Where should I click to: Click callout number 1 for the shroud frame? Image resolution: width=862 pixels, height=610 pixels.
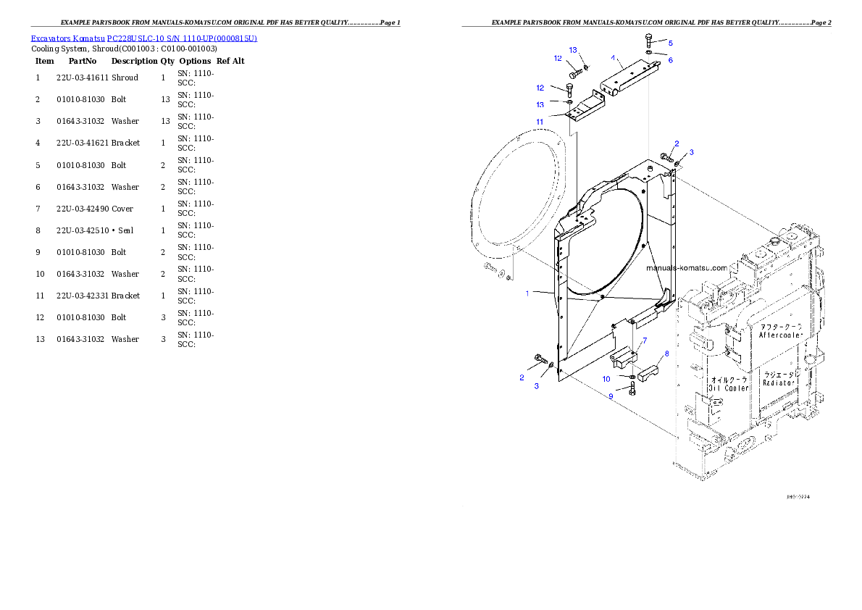(x=529, y=293)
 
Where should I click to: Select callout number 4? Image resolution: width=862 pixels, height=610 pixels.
(x=613, y=57)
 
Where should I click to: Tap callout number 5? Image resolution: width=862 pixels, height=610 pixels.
(x=670, y=43)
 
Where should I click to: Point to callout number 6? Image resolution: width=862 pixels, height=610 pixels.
(x=670, y=60)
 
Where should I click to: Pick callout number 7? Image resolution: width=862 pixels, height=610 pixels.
(x=643, y=340)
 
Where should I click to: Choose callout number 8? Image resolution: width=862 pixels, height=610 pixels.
(x=666, y=354)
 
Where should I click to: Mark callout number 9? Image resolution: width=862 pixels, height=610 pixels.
(x=611, y=396)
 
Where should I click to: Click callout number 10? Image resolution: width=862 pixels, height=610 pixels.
(x=606, y=379)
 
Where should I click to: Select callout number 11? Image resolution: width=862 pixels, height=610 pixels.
(x=540, y=121)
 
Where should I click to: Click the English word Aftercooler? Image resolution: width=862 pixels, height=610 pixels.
(x=782, y=335)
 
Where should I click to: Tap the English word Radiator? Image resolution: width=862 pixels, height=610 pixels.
(x=779, y=382)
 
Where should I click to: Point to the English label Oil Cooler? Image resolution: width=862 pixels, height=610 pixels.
(x=729, y=388)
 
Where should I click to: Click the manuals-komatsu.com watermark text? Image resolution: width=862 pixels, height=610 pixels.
(x=686, y=267)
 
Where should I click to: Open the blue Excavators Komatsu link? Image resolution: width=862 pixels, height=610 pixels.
(x=143, y=38)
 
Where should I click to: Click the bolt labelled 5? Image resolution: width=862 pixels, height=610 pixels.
(x=649, y=40)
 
